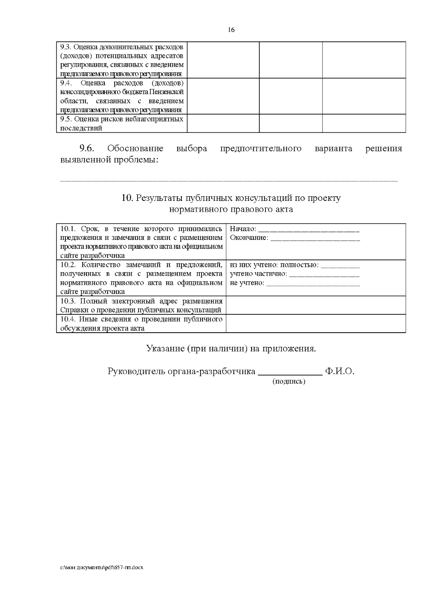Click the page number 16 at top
click(231, 30)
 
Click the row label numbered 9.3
click(66, 47)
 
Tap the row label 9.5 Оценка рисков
click(122, 119)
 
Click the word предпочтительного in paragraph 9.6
click(261, 149)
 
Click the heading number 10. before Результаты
click(126, 198)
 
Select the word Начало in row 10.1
click(242, 229)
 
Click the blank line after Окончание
click(315, 238)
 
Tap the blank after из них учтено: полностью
click(340, 265)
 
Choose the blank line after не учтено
click(313, 283)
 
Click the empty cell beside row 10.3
click(315, 305)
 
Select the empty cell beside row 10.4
click(315, 323)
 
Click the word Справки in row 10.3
click(71, 310)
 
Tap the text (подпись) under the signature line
click(289, 381)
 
